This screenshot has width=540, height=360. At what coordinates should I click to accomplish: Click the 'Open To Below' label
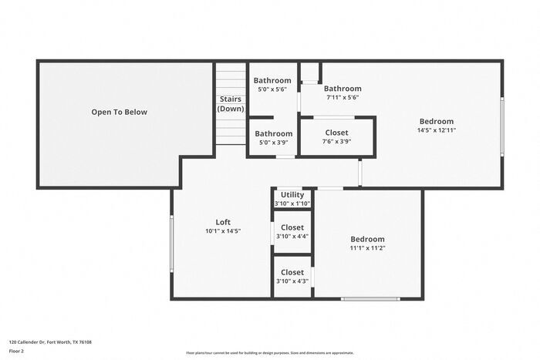[119, 112]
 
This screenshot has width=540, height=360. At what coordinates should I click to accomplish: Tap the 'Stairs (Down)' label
[230, 104]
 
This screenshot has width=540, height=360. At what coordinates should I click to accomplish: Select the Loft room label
[223, 222]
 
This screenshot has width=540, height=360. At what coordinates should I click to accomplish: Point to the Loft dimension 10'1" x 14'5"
[223, 231]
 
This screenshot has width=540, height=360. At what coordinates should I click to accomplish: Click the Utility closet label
[292, 195]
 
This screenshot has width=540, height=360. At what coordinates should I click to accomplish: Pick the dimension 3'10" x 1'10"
[292, 204]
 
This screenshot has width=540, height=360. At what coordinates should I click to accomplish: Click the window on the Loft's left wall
[171, 243]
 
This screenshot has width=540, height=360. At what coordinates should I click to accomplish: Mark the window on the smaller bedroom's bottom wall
[370, 298]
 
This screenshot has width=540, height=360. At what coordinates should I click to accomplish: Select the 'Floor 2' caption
[16, 351]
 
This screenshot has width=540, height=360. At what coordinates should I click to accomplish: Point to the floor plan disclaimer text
[270, 353]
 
